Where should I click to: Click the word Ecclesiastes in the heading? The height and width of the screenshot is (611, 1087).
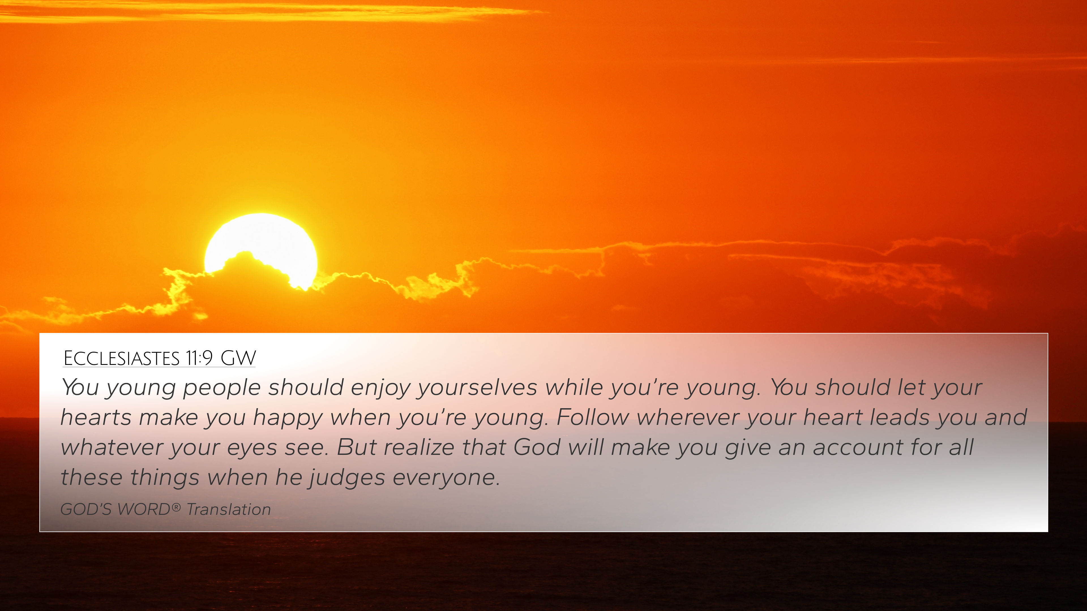click(121, 358)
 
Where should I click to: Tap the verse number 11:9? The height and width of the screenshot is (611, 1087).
click(199, 358)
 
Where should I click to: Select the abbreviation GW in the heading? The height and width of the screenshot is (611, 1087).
click(238, 358)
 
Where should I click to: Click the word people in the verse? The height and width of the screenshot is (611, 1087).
click(222, 388)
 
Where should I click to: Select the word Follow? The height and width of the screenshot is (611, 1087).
click(593, 418)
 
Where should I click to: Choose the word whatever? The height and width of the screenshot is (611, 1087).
click(112, 448)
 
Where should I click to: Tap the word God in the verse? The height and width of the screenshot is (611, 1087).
click(537, 448)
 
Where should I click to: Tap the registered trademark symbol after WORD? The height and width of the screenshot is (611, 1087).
click(176, 507)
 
